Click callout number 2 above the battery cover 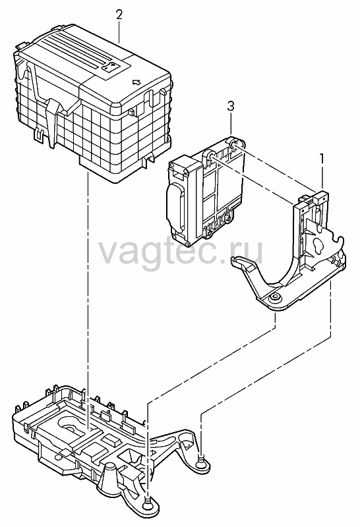(x=119, y=15)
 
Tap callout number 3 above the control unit (x=231, y=106)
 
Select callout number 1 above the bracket (x=322, y=159)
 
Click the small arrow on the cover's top (x=136, y=82)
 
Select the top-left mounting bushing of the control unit (x=210, y=155)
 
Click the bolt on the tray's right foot (x=200, y=457)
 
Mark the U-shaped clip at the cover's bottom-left (x=40, y=134)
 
